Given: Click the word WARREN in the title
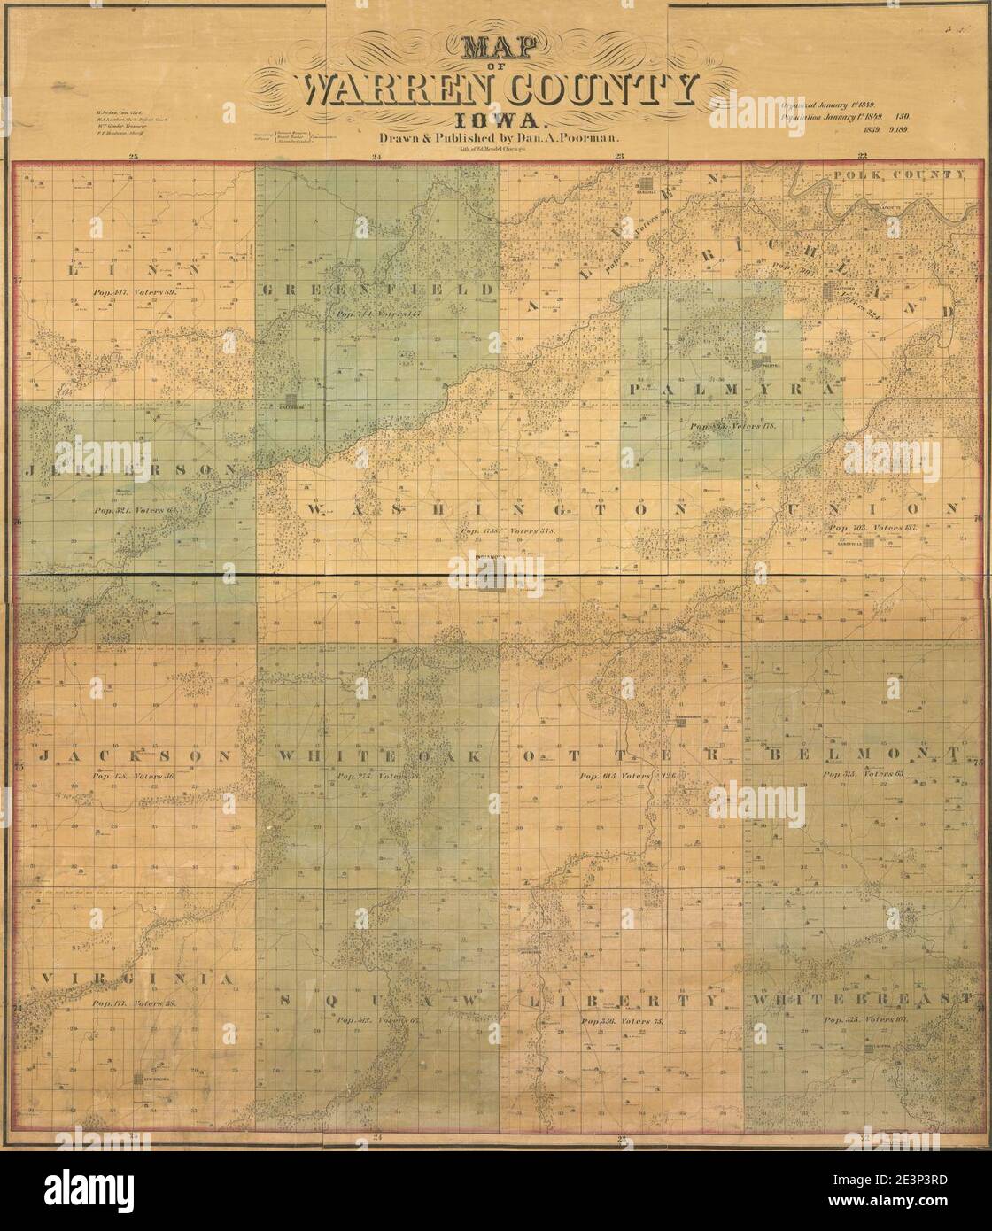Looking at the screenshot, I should (386, 91).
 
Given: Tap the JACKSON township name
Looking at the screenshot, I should (135, 755).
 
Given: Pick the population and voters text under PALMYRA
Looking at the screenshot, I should (733, 426).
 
